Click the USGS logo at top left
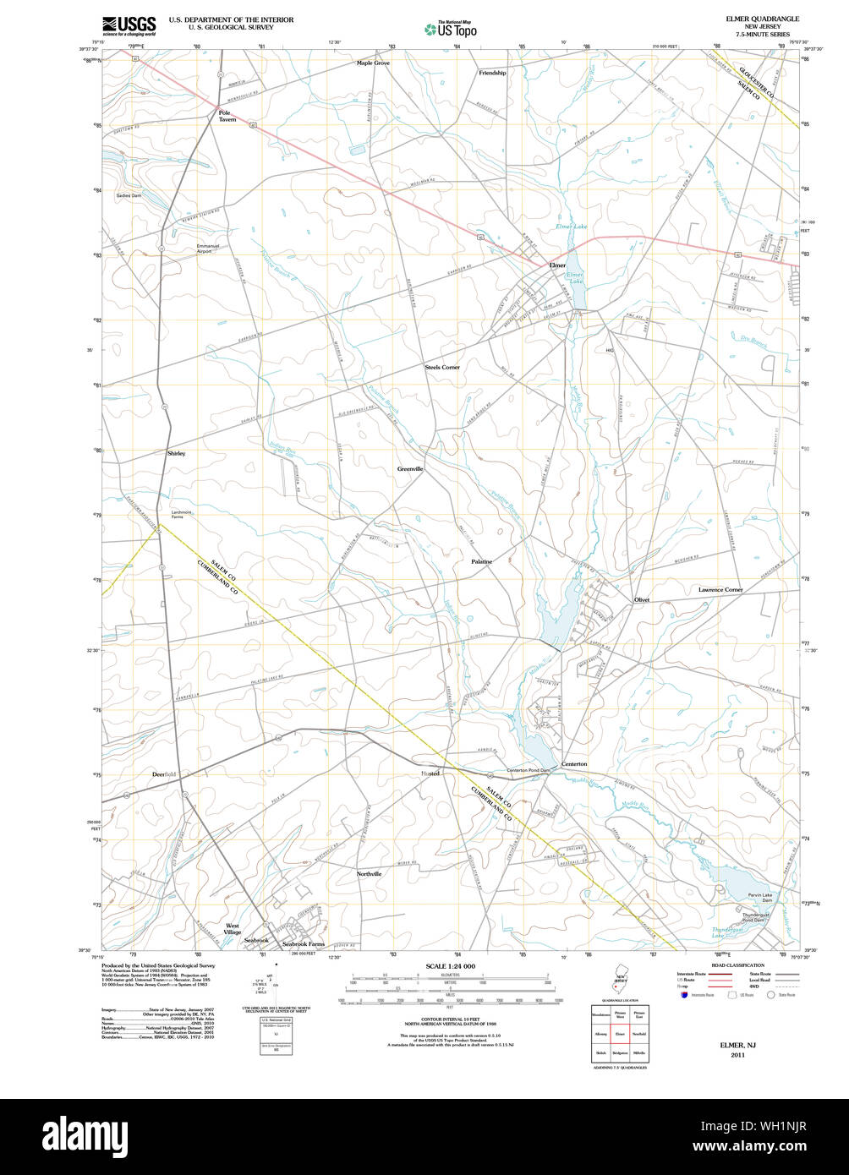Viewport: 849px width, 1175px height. (129, 25)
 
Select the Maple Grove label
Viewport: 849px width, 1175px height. (373, 63)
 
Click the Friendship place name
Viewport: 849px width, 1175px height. (492, 73)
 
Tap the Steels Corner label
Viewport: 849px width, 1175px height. (442, 368)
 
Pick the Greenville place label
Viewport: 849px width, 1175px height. (410, 468)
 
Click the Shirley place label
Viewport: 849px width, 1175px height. (176, 453)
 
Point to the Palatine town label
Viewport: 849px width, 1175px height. (481, 561)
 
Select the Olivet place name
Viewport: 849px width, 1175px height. (642, 599)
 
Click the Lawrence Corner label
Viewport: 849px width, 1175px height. (720, 589)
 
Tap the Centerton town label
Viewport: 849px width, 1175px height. (574, 764)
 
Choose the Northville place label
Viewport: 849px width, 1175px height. (369, 873)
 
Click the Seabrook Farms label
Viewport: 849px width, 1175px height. (304, 943)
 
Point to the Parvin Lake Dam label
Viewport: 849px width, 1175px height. (759, 898)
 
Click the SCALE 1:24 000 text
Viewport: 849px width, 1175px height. (451, 965)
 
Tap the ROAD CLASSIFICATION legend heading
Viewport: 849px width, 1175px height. (737, 965)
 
